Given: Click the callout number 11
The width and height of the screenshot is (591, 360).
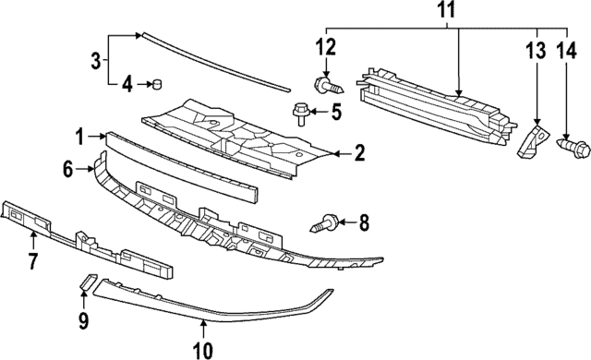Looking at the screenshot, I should (x=446, y=12).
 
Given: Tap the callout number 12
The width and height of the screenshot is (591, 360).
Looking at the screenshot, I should (x=326, y=46).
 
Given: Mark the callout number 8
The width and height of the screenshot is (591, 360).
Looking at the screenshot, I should (x=363, y=222).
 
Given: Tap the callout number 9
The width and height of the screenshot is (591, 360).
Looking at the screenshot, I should (x=83, y=320).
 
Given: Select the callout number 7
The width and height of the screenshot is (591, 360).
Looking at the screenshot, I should (x=32, y=261).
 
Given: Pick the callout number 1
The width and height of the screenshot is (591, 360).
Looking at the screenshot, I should (x=80, y=136).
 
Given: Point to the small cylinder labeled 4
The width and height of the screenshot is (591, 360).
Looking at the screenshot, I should (x=156, y=86).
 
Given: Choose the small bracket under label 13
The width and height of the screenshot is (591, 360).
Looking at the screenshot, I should (x=529, y=140).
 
